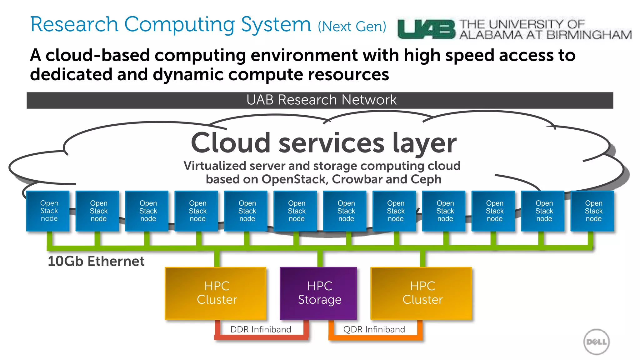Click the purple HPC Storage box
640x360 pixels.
click(x=318, y=293)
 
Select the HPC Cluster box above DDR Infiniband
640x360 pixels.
click(x=216, y=293)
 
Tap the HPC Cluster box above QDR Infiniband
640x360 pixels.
click(x=421, y=293)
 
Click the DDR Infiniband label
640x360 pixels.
click(x=261, y=329)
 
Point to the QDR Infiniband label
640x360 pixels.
click(x=374, y=329)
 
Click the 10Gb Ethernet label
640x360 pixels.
click(x=96, y=261)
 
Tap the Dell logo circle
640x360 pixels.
click(x=596, y=342)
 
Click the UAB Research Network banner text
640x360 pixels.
click(x=321, y=100)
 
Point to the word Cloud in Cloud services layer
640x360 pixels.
click(x=231, y=143)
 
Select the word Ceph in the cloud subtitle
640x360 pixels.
click(x=426, y=179)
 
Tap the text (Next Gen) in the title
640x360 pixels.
click(x=352, y=27)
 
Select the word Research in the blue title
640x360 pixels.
click(x=74, y=24)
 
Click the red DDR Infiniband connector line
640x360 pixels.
click(x=261, y=337)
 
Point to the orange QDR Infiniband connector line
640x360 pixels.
click(x=375, y=337)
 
